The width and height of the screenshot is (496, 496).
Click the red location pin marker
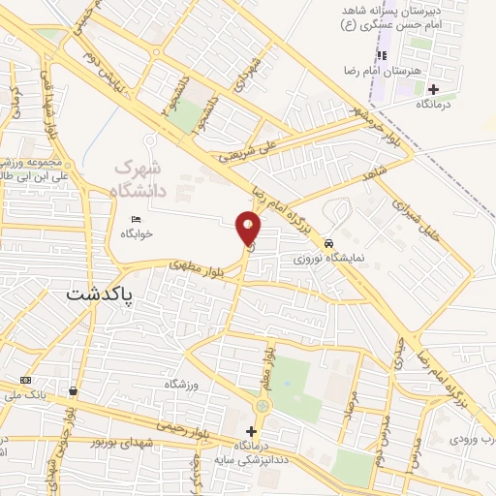tap(248, 229)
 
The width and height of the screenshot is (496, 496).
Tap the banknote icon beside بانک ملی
tap(25, 380)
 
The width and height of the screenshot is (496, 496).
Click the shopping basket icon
tap(73, 391)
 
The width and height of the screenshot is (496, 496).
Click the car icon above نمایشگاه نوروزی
tap(329, 243)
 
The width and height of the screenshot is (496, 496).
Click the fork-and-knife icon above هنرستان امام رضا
tap(381, 53)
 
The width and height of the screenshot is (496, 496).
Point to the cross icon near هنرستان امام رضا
tap(432, 90)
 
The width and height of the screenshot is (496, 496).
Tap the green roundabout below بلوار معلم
tap(263, 405)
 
